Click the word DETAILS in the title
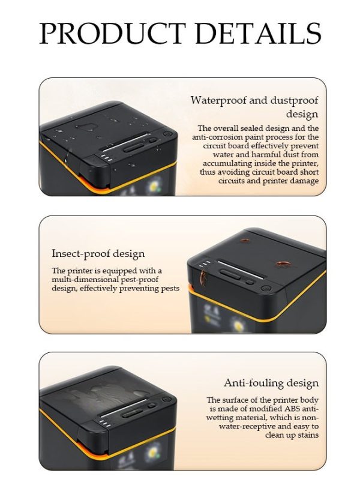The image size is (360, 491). coord(258,33)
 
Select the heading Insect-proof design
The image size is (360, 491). coord(98,253)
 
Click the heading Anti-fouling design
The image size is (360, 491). coord(271,383)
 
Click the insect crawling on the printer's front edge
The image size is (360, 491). coord(203,278)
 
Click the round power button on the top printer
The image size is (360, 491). coord(167,134)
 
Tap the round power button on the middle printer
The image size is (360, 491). coord(266,288)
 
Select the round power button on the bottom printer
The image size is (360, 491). coord(167,400)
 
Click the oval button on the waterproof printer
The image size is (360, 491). coord(134,148)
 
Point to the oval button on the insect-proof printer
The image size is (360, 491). coord(230,274)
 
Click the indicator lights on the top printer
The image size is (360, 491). coord(106,157)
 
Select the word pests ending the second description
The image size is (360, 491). coord(170,288)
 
